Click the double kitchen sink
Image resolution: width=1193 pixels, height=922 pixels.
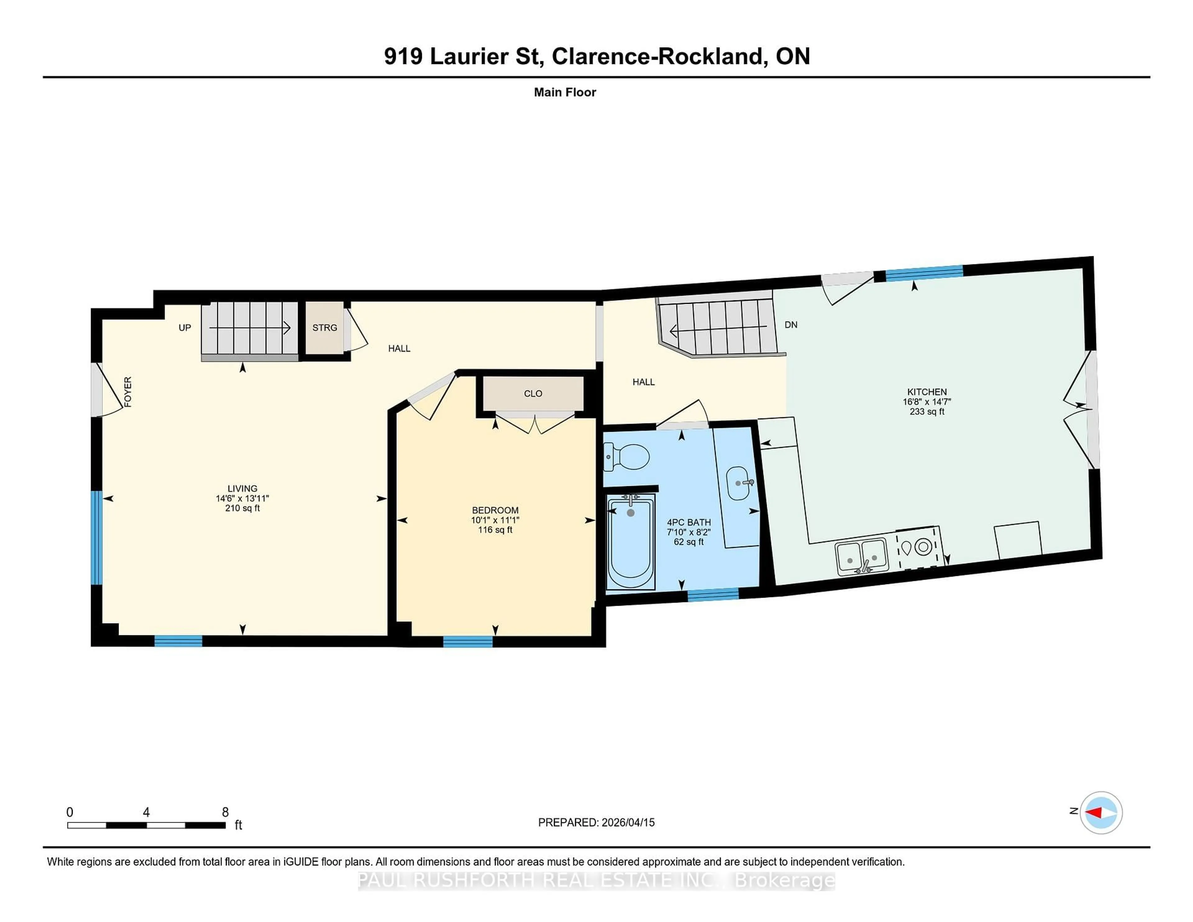862,557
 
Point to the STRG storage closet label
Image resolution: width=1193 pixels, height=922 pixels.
324,328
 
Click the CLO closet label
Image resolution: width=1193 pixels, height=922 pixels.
533,393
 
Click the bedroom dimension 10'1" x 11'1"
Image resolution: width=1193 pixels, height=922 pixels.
495,520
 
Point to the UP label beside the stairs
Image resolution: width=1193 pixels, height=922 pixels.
185,328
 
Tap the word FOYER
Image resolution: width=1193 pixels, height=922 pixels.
128,392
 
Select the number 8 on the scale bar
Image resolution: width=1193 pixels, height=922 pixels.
225,812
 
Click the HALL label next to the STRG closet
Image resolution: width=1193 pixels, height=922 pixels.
399,349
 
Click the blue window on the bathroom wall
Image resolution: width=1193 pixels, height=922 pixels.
713,594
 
